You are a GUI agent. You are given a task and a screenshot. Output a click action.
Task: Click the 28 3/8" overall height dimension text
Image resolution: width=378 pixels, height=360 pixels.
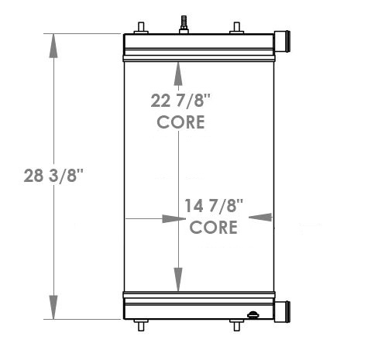pyautogui.click(x=53, y=176)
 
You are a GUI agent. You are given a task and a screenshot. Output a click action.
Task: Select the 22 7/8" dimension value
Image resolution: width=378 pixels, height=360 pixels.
pyautogui.click(x=180, y=101)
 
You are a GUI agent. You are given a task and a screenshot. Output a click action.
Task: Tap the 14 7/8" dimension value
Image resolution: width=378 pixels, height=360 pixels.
pyautogui.click(x=215, y=206)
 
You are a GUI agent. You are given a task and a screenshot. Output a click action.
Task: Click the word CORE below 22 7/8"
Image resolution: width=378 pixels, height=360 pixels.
pyautogui.click(x=180, y=122)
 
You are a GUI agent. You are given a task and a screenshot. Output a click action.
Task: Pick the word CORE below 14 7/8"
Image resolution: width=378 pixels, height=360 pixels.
pyautogui.click(x=214, y=227)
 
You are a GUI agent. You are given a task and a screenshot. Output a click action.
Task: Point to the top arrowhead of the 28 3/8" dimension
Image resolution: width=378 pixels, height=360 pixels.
pyautogui.click(x=53, y=45)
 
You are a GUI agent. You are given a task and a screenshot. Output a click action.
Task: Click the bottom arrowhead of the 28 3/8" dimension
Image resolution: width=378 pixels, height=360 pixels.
pyautogui.click(x=53, y=307)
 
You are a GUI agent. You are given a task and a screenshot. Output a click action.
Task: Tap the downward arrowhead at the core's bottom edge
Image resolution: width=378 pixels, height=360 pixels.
pyautogui.click(x=179, y=279)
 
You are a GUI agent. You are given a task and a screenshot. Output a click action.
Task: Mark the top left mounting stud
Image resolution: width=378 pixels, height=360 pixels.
pyautogui.click(x=141, y=27)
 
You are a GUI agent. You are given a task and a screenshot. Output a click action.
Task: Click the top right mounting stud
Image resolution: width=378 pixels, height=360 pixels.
pyautogui.click(x=236, y=27)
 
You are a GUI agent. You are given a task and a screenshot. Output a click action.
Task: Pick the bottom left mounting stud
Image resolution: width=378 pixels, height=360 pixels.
pyautogui.click(x=140, y=325)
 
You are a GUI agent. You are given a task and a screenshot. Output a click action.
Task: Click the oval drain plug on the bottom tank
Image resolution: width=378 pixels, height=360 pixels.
pyautogui.click(x=253, y=314)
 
